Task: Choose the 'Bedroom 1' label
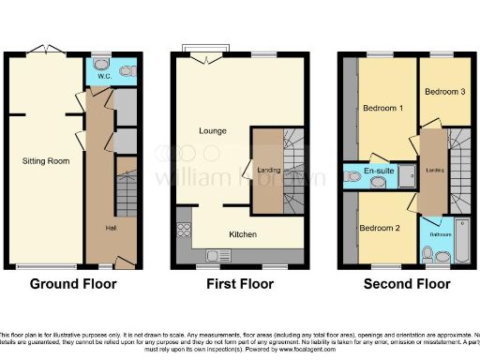(x=380, y=109)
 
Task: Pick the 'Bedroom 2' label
(x=379, y=228)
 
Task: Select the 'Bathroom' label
(x=440, y=233)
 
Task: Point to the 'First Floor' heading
(x=238, y=284)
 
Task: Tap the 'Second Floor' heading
(x=407, y=284)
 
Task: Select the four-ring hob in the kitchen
(x=183, y=230)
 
